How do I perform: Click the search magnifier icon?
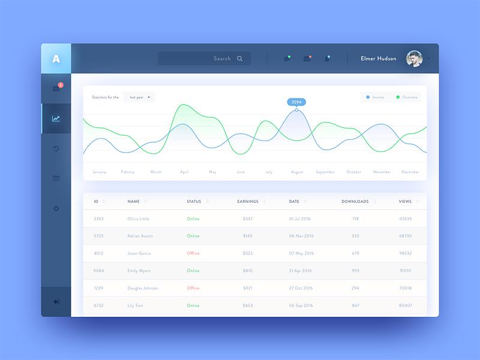pos(240,59)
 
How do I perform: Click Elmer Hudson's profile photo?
pos(414,59)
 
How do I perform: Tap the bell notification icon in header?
pos(327,59)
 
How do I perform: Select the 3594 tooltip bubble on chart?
pos(296,102)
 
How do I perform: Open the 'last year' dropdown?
pos(139,97)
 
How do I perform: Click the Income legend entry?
pos(374,97)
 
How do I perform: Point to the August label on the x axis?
pos(297,172)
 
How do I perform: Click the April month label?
pos(184,172)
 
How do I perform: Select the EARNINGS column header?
pos(248,202)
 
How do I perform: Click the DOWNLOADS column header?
pos(355,202)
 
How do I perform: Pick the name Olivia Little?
pos(139,219)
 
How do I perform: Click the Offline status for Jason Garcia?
pos(193,253)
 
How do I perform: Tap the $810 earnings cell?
pos(248,271)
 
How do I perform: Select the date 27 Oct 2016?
pos(301,288)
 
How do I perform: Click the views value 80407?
pos(406,305)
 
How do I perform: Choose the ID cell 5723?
pos(98,236)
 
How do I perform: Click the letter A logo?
pos(56,59)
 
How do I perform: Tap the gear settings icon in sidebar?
pos(56,208)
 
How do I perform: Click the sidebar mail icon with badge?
pos(56,89)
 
